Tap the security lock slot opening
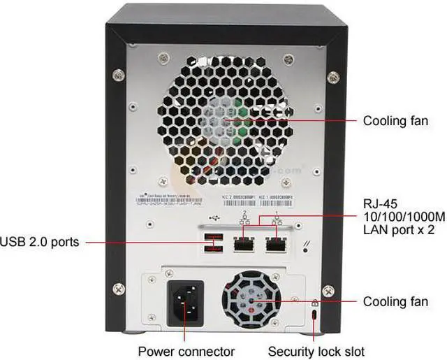(x=315, y=317)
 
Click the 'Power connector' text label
(x=186, y=351)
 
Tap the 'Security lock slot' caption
(x=316, y=351)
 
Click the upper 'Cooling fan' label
(x=395, y=121)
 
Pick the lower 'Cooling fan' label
(x=395, y=302)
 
